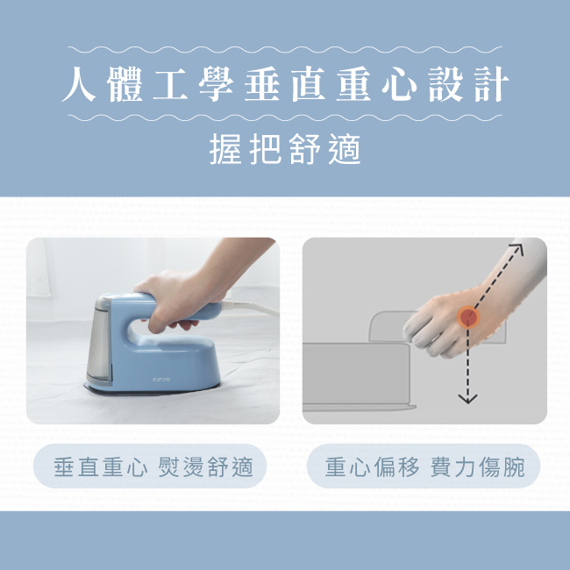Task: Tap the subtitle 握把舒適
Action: pos(285,150)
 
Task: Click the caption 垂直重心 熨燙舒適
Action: pos(153,467)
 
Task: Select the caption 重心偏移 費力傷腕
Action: pos(424,467)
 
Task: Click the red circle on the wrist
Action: pos(469,317)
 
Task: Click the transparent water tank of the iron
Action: pos(97,346)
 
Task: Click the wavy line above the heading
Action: pos(285,50)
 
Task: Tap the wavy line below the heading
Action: pos(285,118)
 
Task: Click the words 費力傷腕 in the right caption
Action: pos(478,467)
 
